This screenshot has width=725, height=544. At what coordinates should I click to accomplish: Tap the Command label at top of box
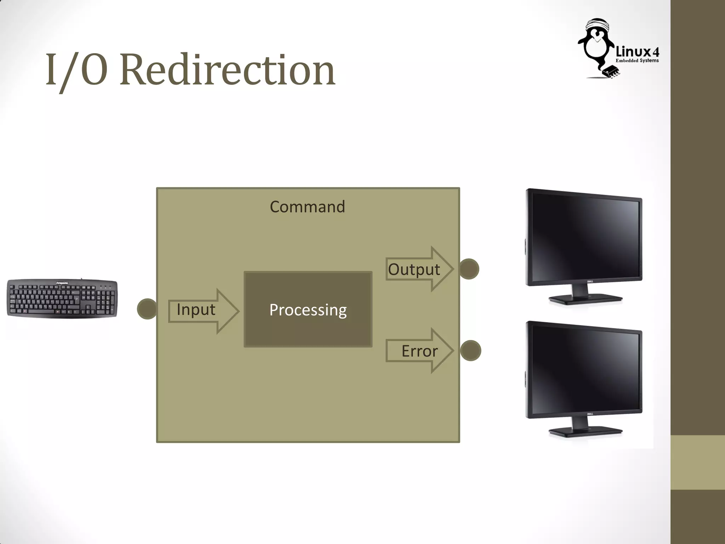click(307, 207)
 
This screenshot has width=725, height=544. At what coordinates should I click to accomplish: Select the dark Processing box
click(308, 310)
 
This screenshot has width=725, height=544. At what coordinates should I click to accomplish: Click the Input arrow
click(203, 311)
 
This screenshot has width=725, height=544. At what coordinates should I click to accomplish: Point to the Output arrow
click(419, 269)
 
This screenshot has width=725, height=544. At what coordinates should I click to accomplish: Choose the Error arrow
click(419, 351)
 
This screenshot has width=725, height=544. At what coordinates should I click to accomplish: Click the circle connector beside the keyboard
click(147, 309)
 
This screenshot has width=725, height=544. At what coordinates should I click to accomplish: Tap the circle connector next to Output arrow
click(469, 269)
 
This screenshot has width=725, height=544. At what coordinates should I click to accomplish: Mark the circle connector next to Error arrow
click(470, 351)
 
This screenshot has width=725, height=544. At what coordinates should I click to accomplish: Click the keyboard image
click(62, 299)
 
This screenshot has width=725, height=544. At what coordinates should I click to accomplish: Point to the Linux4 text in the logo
click(637, 52)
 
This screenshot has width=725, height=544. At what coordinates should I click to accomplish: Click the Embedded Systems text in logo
click(637, 61)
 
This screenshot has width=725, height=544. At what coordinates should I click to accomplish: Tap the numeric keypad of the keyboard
click(107, 301)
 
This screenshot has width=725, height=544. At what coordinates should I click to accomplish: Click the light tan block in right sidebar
click(697, 462)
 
